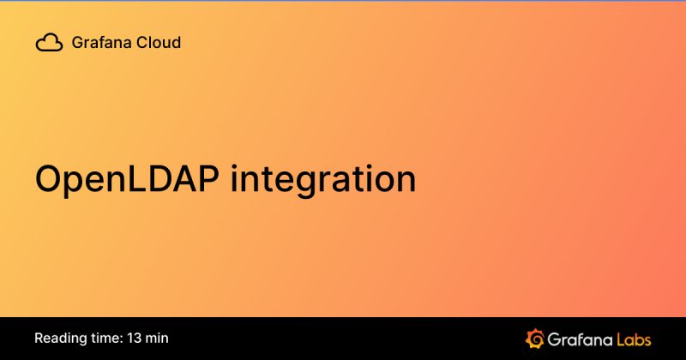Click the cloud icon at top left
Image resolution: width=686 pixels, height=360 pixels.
(49, 42)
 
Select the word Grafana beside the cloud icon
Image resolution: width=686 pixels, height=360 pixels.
(100, 42)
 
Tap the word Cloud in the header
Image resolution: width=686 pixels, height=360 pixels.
(157, 42)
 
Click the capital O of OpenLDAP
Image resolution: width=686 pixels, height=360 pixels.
(51, 179)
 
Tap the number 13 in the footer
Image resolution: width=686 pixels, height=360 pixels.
(136, 338)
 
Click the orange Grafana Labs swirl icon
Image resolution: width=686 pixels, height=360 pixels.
(535, 338)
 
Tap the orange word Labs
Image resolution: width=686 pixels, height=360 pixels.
(635, 338)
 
